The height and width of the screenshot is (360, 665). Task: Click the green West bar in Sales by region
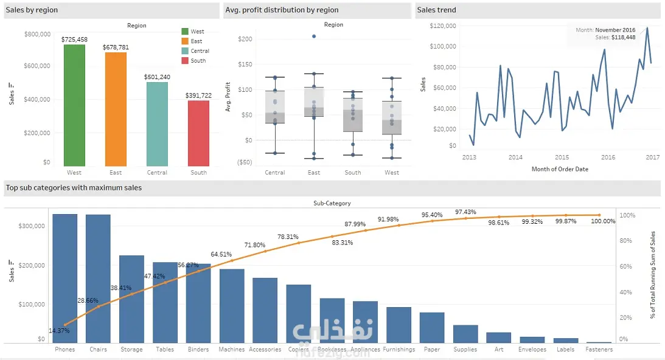tap(74, 105)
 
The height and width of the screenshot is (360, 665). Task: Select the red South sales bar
tap(198, 133)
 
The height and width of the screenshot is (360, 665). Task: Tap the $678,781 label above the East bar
tap(116, 47)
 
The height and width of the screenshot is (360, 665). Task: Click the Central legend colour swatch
tap(186, 51)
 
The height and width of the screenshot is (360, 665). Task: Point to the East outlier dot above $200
tap(314, 36)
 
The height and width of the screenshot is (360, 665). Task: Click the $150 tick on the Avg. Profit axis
tap(245, 64)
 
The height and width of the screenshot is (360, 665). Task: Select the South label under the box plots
tap(353, 173)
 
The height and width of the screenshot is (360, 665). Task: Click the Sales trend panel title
tap(436, 10)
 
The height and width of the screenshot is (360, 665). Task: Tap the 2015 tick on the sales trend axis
tap(562, 157)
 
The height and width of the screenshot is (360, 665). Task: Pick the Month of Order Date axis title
tap(560, 169)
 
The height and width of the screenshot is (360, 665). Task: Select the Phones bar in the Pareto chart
tap(64, 278)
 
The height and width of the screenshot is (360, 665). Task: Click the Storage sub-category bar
tap(131, 299)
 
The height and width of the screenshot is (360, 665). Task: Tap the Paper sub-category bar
tap(432, 327)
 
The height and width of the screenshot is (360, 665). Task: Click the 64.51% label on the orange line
tap(221, 254)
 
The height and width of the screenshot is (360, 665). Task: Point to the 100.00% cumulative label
tap(603, 221)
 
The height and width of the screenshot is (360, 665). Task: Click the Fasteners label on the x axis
tap(599, 350)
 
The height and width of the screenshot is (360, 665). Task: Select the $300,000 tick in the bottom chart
tap(33, 226)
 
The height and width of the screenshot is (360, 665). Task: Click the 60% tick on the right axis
tap(627, 266)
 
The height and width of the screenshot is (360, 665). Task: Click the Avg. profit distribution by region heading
tap(282, 10)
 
